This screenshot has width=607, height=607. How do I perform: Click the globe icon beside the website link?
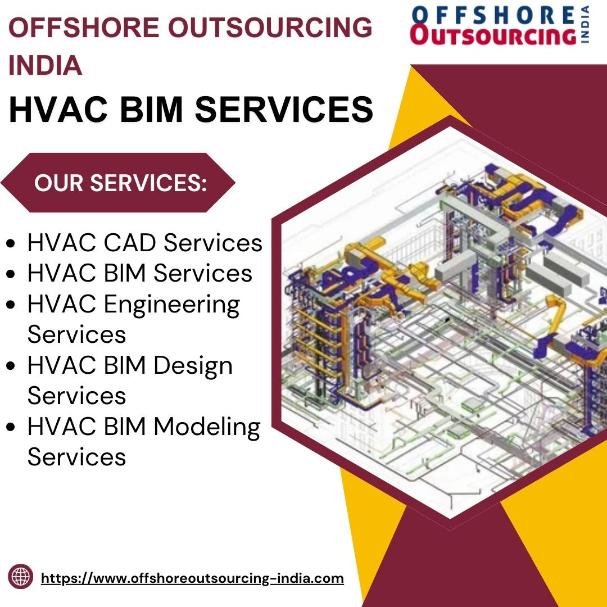[x=21, y=577]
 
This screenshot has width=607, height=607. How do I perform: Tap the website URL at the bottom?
[x=192, y=578]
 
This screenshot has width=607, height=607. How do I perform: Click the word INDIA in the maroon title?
[x=46, y=65]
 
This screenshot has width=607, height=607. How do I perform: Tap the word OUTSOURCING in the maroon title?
[x=270, y=28]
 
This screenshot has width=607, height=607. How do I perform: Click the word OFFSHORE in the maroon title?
[x=84, y=28]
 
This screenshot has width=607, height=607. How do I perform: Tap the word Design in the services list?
[x=193, y=367]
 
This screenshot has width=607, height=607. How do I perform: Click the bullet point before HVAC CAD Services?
[x=11, y=243]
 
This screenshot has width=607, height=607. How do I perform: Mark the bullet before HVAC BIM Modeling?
[x=11, y=427]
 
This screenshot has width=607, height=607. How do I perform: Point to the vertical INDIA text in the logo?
[x=585, y=24]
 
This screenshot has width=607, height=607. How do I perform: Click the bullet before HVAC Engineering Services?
[x=11, y=305]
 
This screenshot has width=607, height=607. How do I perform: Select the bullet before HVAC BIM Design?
[x=11, y=366]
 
